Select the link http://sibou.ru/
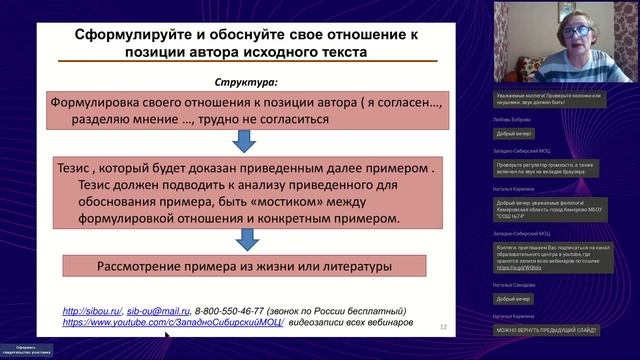coord(92,310)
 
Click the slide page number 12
coord(444,326)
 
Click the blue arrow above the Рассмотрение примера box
coord(240,241)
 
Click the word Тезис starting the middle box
coord(83,169)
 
